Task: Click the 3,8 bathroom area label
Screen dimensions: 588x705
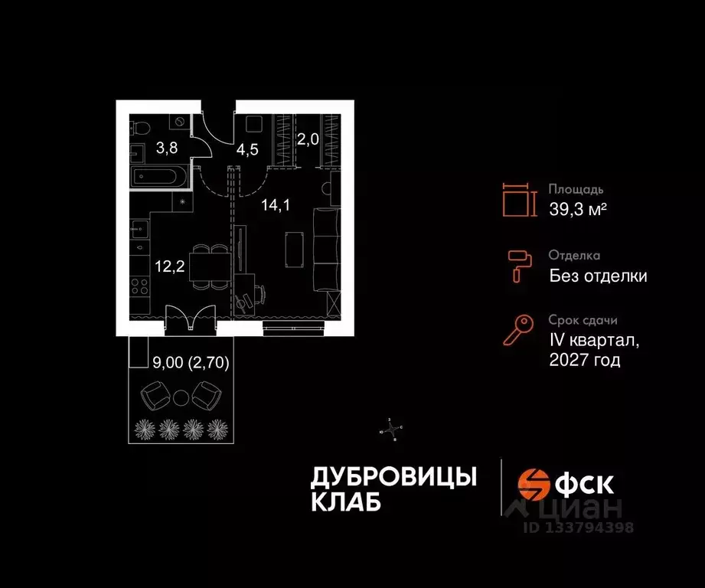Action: tap(167, 149)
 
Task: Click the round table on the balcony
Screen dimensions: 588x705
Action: tap(181, 397)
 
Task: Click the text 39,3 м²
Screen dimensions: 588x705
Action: tap(578, 210)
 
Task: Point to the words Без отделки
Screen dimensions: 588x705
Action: tap(598, 276)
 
